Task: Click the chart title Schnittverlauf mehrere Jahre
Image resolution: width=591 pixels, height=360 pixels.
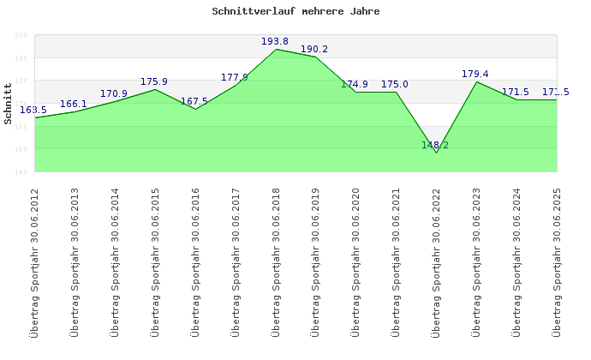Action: pos(295,12)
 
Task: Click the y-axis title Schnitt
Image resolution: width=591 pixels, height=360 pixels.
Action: pos(9,104)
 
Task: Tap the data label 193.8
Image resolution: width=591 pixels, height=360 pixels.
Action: pos(275,41)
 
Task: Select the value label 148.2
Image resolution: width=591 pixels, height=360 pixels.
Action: pos(435,145)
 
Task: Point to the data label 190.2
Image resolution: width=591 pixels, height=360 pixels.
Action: pos(314,49)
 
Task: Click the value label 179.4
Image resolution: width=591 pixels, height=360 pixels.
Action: pos(475,74)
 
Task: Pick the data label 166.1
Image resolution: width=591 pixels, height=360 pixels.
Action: pos(74,104)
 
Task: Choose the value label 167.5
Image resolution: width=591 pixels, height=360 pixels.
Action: pos(194,101)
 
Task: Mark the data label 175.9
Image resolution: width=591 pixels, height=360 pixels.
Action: pos(154,81)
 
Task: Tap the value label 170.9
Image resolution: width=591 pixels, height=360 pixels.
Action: pos(114,93)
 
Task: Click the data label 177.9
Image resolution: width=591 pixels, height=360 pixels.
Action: pos(235,77)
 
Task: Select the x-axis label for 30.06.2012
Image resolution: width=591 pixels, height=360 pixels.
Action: pos(35,261)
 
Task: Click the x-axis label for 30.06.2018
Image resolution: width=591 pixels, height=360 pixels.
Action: pos(276,261)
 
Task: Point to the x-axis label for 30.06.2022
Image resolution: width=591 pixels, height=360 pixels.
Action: pos(437,261)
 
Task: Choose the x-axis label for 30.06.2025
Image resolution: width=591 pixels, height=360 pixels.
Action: pos(558,261)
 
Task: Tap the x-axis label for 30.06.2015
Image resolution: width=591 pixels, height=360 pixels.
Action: pos(156,261)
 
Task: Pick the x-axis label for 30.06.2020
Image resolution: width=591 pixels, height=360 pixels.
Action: pos(356,261)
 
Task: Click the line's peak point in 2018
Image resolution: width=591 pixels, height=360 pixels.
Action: pos(276,49)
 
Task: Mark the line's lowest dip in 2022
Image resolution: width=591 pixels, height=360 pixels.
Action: pos(437,153)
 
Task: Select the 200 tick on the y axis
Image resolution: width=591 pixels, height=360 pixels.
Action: pos(21,35)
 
